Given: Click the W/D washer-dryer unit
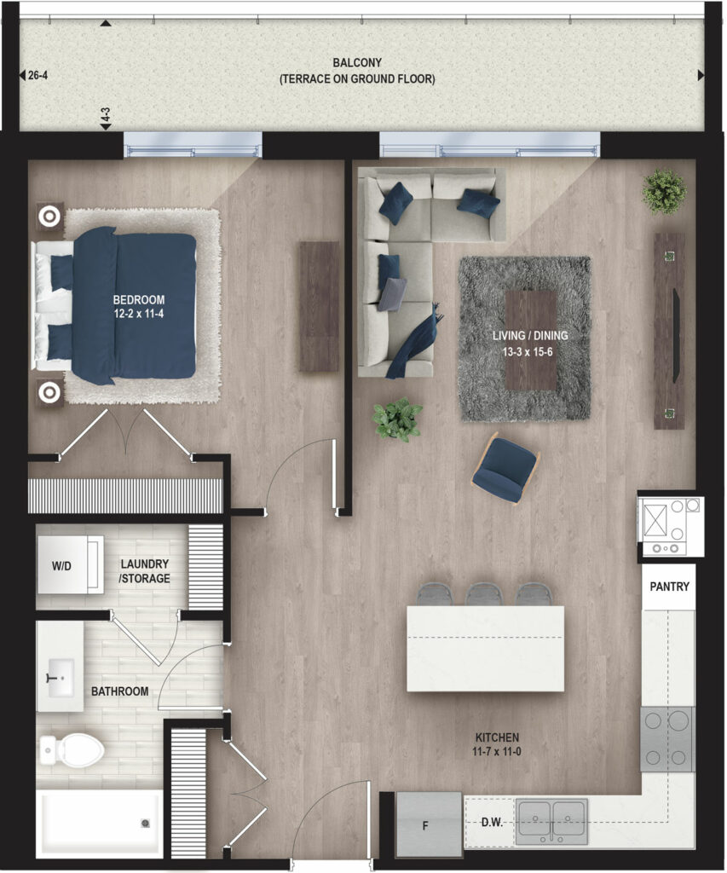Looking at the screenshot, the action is click(x=70, y=565).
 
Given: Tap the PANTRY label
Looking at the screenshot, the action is click(x=669, y=587).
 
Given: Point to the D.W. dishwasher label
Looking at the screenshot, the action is click(x=492, y=823).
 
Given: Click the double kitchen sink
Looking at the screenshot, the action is click(x=551, y=822).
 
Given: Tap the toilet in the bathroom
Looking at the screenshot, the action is click(x=72, y=749).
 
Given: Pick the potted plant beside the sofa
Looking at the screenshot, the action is click(x=397, y=419).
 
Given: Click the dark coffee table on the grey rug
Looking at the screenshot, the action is click(x=531, y=340).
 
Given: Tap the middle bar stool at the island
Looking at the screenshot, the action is click(x=484, y=594).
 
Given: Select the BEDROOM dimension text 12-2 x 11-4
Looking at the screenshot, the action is click(x=139, y=314).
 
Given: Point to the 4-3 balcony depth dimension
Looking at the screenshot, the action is click(x=105, y=115).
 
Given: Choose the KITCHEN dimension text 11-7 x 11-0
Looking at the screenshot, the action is click(x=497, y=752).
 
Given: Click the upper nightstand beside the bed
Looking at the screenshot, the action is click(x=49, y=216).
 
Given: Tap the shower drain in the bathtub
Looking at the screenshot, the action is click(x=145, y=823).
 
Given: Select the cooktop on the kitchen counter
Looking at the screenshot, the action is click(x=666, y=739).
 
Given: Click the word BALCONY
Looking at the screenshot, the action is click(x=357, y=63).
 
